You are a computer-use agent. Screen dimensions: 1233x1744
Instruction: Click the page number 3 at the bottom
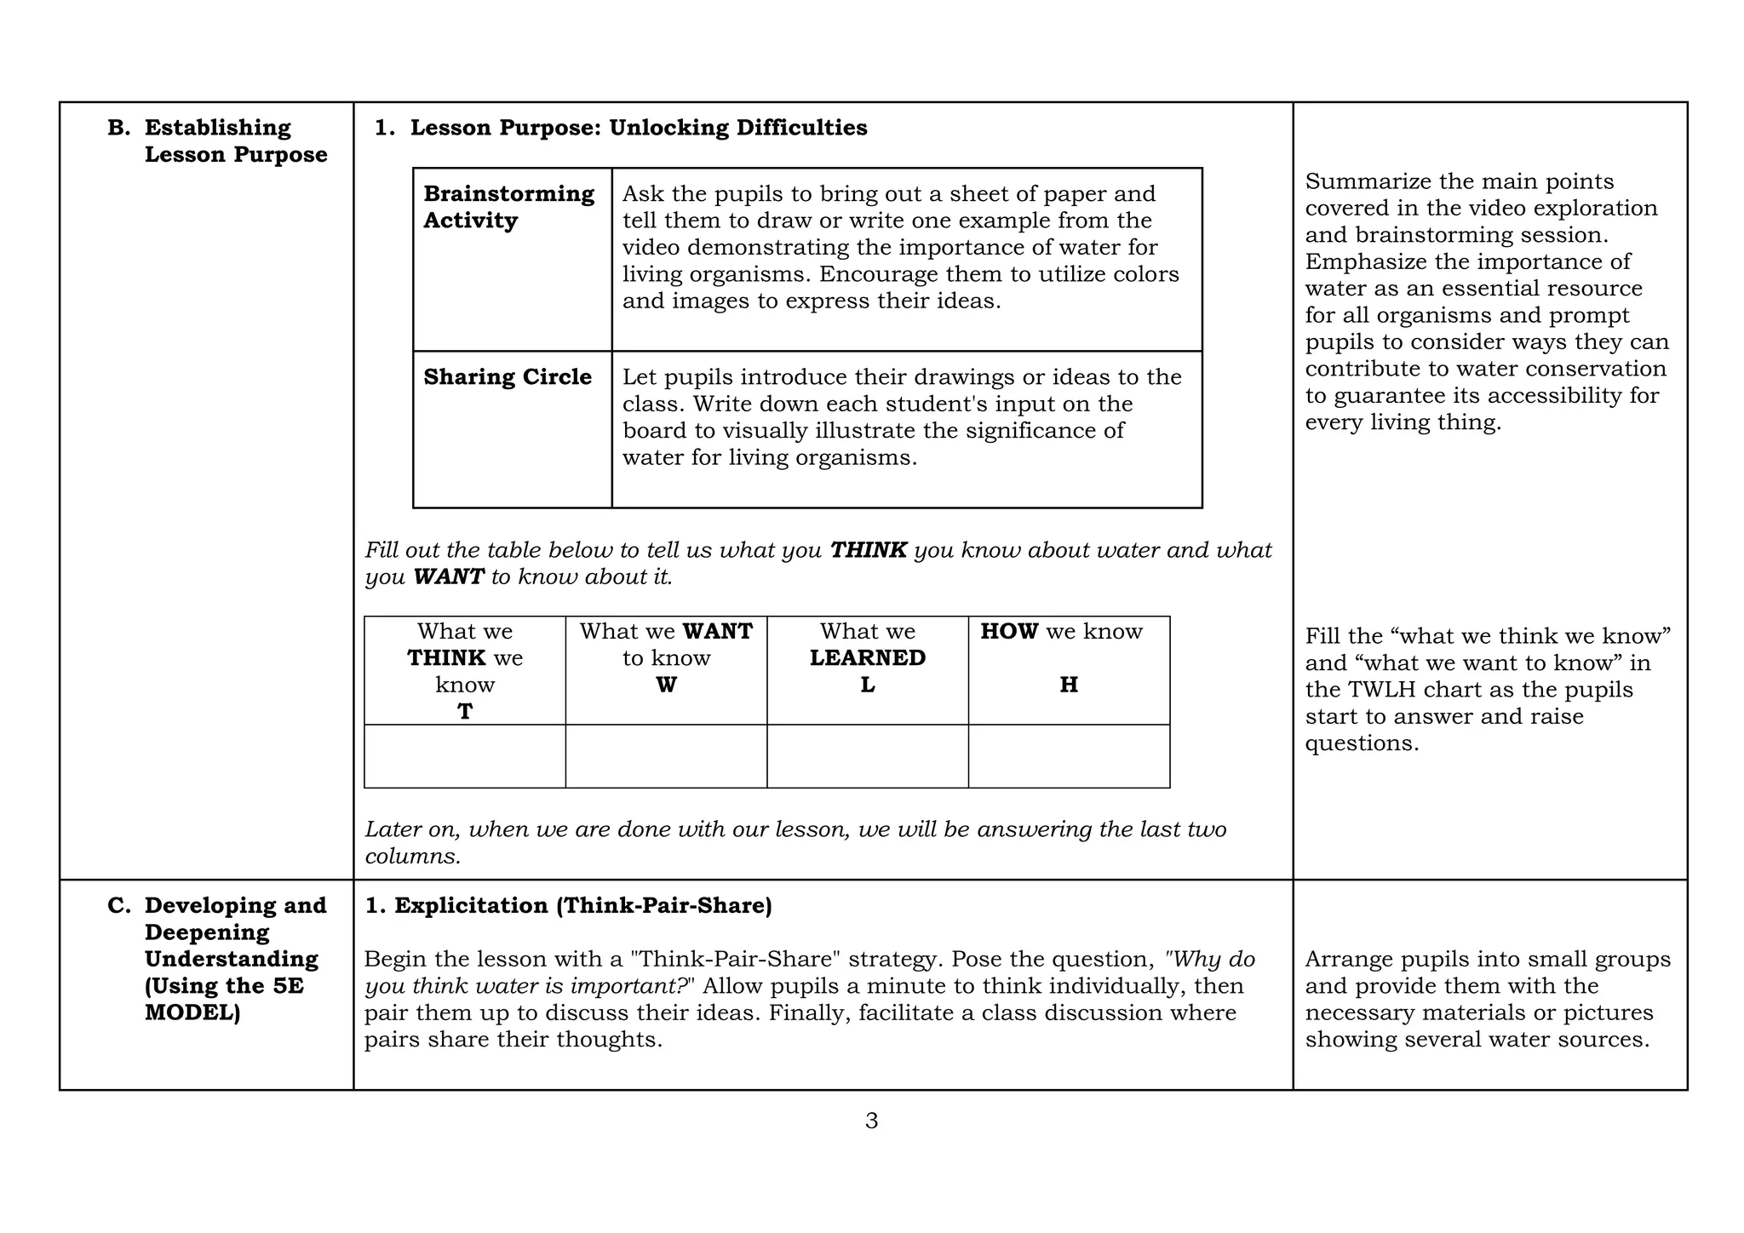871,1121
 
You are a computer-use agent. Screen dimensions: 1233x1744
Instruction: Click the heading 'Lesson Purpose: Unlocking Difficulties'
638,128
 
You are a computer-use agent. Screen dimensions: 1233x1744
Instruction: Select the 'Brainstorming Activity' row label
508,207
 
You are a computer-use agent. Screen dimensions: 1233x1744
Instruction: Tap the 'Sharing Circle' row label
508,377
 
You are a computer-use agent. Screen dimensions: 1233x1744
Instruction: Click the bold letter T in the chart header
465,711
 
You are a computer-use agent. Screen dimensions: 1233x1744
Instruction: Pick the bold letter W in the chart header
666,685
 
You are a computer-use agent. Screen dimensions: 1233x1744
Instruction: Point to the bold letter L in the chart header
867,685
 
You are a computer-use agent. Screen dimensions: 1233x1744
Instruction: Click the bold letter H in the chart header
1069,685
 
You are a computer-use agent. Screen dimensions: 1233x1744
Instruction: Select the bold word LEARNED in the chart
867,657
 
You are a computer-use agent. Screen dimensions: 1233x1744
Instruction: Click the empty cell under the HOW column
1069,756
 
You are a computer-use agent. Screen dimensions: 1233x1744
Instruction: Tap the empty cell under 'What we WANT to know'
666,756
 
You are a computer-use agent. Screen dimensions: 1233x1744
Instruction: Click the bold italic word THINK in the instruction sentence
868,550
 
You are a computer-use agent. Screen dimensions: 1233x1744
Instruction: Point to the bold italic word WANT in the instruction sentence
448,577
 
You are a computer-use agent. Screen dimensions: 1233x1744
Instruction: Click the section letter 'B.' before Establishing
118,128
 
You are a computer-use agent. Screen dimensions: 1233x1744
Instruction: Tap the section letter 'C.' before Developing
118,906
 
